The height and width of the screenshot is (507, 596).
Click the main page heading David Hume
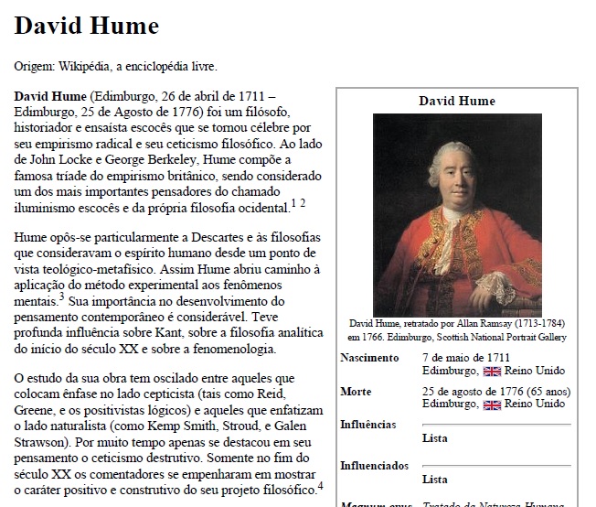click(87, 26)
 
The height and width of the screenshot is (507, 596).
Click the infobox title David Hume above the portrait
click(457, 101)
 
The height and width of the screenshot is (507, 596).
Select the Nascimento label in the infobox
click(369, 358)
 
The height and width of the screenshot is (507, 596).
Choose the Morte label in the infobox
click(356, 392)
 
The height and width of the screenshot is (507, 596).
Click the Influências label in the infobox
click(368, 425)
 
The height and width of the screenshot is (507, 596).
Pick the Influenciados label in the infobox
click(374, 466)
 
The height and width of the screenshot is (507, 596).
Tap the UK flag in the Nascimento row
click(492, 371)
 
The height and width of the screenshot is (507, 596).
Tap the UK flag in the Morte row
click(492, 404)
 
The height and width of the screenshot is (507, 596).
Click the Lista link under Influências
click(435, 438)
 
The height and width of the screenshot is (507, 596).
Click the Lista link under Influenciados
click(435, 480)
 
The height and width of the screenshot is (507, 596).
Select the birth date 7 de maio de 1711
click(466, 358)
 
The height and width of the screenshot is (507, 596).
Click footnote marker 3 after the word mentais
click(61, 297)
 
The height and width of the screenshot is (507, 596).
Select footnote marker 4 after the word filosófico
click(321, 485)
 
